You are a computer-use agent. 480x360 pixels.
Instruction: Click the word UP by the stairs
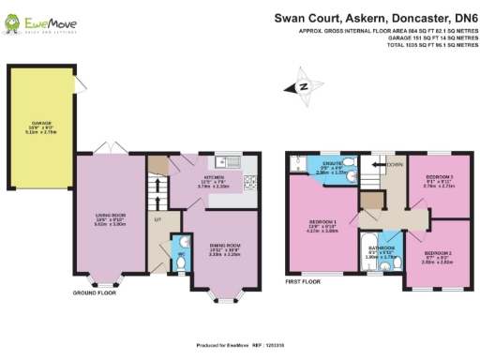157,221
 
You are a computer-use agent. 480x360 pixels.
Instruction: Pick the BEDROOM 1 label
321,226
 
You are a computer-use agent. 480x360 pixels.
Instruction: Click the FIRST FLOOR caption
303,280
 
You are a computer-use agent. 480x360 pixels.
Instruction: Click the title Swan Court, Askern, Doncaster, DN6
374,16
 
